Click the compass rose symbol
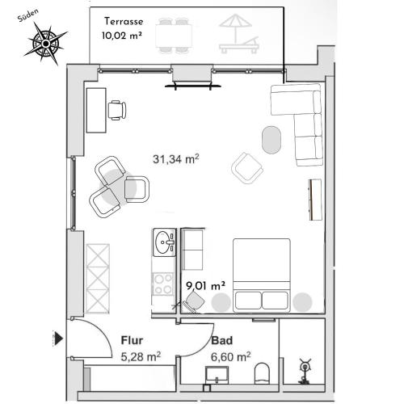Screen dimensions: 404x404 (46, 44)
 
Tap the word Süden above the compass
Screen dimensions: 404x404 (27, 15)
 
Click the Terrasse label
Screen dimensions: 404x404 (124, 21)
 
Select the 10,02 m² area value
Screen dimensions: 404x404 (122, 36)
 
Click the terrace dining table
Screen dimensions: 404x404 (174, 36)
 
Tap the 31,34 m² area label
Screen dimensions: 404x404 (176, 159)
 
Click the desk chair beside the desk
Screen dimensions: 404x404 (117, 110)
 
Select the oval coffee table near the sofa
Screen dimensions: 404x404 (271, 140)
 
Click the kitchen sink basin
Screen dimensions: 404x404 (164, 242)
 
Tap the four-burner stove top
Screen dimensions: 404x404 (162, 284)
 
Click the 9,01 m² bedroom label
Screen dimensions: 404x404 (205, 285)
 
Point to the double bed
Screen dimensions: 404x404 (262, 275)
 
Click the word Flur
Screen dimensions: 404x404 (132, 340)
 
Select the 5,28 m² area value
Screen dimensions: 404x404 (141, 357)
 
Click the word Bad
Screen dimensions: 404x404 (221, 341)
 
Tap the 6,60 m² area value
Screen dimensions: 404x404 (230, 357)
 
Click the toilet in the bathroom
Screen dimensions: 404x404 (262, 372)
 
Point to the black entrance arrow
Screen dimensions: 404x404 (59, 339)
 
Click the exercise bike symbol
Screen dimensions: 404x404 (305, 372)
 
